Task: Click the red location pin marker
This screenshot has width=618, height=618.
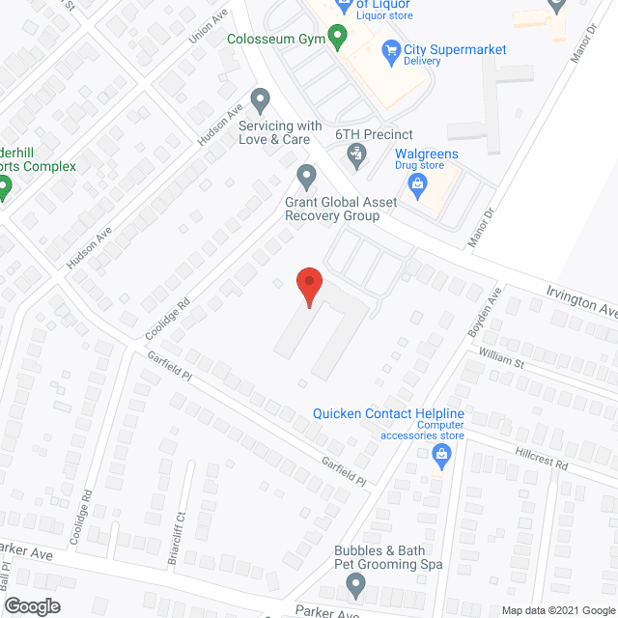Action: point(308,286)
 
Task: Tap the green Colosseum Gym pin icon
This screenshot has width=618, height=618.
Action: point(337,40)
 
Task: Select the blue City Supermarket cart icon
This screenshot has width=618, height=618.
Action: point(391,50)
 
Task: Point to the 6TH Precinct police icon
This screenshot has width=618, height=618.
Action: point(356,152)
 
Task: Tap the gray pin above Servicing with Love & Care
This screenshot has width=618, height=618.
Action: point(260,98)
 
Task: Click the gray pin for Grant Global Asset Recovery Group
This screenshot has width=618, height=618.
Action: point(307,177)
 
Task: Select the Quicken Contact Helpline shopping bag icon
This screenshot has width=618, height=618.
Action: point(442,454)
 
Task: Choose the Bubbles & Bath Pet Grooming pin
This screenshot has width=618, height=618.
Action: point(356,584)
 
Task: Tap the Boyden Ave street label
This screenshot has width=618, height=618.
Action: point(489,309)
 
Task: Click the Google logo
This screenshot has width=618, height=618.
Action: point(31,605)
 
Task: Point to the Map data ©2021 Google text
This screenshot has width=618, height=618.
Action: point(557,610)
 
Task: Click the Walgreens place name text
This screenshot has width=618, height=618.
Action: point(427,154)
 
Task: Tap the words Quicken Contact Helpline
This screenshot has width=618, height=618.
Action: point(388,414)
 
